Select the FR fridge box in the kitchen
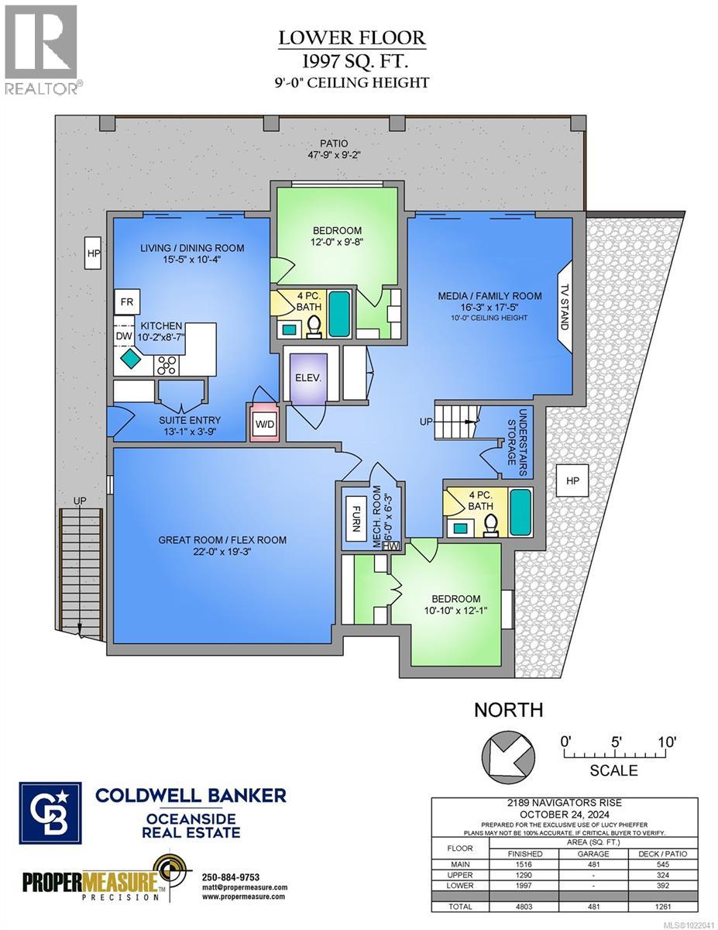(x=125, y=301)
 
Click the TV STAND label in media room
(x=564, y=308)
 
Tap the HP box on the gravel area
(x=572, y=481)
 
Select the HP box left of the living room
(x=94, y=253)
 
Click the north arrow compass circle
(x=508, y=753)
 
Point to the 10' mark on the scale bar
(x=666, y=742)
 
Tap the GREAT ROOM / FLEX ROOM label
(x=222, y=540)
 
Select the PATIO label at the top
(x=335, y=143)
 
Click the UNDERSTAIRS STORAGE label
(x=517, y=437)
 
